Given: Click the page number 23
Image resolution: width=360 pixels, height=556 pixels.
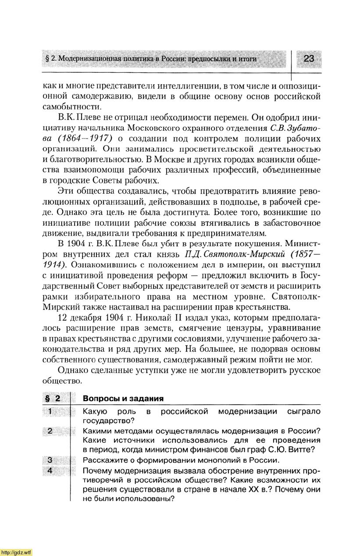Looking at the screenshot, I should click(309, 59).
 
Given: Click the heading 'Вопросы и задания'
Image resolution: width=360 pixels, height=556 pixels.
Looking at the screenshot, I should click(123, 399).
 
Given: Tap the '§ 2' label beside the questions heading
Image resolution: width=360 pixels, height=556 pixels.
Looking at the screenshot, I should click(52, 399).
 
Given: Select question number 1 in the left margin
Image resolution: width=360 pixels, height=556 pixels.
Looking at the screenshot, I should click(50, 411).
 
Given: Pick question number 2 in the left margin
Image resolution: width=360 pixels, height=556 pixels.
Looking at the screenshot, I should click(50, 431).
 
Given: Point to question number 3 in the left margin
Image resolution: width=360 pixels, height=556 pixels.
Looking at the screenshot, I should click(50, 460).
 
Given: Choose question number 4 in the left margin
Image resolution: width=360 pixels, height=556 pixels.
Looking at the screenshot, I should click(50, 470).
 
